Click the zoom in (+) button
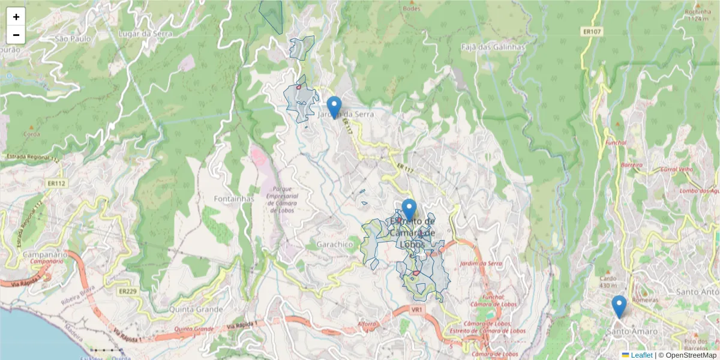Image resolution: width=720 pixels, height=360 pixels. pos(16,17)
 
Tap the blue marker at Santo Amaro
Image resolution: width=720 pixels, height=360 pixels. pos(619,306)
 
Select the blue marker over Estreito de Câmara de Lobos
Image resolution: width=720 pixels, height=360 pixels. pos(409,209)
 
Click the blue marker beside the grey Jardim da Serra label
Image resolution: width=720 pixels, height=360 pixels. pos(334,107)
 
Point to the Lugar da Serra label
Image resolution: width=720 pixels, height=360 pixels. pos(145,34)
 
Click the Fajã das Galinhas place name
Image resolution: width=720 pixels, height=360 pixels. pos(493,47)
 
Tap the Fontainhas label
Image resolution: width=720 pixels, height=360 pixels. pos(234,198)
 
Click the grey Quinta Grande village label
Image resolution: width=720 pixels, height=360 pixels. pos(196,310)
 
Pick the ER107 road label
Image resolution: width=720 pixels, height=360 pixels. pos(592,31)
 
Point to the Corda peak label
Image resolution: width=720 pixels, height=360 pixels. pos(31,134)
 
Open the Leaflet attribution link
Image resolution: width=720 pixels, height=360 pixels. pos(641,355)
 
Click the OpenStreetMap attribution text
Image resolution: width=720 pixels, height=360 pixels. pos(687,355)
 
